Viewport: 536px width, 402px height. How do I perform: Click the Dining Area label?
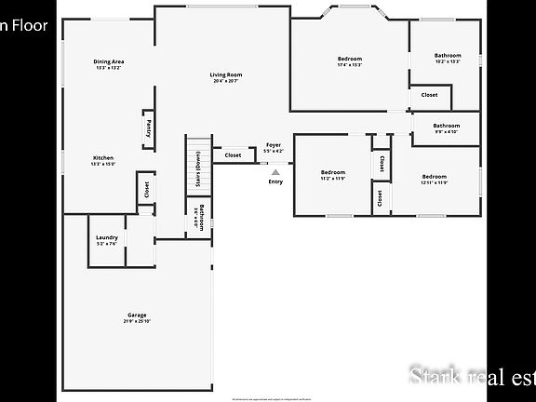pos(109,61)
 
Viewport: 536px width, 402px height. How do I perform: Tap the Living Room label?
pos(225,74)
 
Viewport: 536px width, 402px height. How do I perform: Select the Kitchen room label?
pos(103,158)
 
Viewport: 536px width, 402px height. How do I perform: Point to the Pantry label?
pos(148,127)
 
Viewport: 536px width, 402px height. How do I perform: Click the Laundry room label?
pos(106,237)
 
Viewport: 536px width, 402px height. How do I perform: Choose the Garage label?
pos(137,315)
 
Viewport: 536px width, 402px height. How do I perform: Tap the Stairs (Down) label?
pos(198,168)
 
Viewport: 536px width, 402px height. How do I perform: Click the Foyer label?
pos(274,145)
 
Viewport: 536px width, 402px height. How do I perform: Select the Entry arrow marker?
pos(275,171)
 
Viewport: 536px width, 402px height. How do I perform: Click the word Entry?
pos(275,181)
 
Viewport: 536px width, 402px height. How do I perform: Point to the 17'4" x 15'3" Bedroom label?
pos(350,59)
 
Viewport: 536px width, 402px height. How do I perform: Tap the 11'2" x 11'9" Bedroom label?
pos(333,172)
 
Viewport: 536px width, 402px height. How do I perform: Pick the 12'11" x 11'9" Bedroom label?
pos(434,176)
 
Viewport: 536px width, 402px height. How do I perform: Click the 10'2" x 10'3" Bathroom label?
pos(447,55)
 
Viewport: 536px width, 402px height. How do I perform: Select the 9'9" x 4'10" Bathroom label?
pos(446,125)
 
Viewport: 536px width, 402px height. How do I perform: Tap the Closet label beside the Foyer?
pos(233,155)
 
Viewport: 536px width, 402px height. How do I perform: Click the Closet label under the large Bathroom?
pos(429,95)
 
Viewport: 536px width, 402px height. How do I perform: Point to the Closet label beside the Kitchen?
pos(147,189)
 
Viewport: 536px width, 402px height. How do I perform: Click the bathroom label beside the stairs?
pos(200,220)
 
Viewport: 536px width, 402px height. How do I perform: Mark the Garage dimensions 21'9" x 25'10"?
pos(137,321)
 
